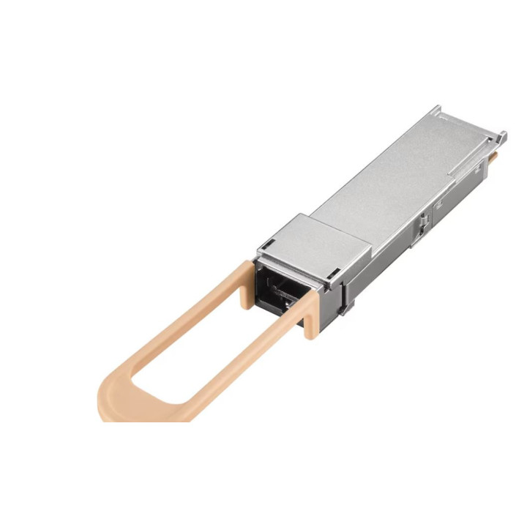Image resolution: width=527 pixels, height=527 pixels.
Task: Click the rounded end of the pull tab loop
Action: (x=117, y=403)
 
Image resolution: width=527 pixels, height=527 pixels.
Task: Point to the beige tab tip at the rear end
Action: (x=496, y=156)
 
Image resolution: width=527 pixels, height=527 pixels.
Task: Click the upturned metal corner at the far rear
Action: (x=501, y=135)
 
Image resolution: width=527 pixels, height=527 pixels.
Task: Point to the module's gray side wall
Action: (x=395, y=249)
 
